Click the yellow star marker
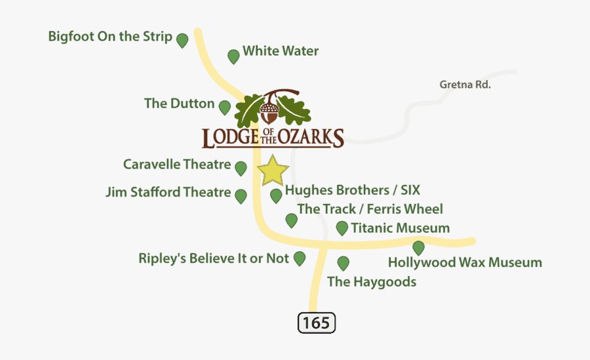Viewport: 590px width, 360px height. click(x=273, y=171)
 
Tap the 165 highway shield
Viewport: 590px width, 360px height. click(x=317, y=323)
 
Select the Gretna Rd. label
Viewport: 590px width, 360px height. click(x=465, y=85)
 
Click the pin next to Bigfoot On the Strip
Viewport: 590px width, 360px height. click(x=182, y=40)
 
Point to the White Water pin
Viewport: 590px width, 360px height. click(x=233, y=56)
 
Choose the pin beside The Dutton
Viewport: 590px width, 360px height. click(x=225, y=107)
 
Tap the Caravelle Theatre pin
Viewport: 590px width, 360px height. click(x=241, y=168)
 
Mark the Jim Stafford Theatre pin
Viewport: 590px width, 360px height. click(x=241, y=195)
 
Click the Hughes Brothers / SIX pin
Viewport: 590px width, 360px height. click(x=276, y=195)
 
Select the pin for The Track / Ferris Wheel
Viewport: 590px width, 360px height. click(x=291, y=220)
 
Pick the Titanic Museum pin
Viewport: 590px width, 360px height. click(x=342, y=228)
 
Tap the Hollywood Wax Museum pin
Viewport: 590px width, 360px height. click(x=418, y=248)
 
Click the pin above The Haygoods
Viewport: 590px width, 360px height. click(x=342, y=263)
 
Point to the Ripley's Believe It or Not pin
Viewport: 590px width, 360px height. click(x=300, y=258)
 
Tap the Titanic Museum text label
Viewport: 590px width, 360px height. click(x=400, y=228)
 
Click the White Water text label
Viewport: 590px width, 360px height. click(x=281, y=50)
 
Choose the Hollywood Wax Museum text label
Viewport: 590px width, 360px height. click(x=465, y=263)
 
